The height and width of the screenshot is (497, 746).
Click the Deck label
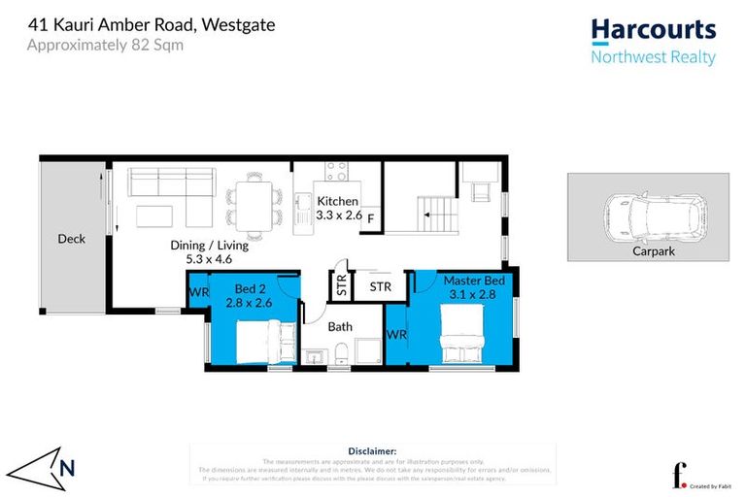[x=72, y=239]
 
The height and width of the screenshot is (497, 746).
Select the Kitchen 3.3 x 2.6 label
[x=339, y=208]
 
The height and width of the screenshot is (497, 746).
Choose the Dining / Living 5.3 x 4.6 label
[x=209, y=252]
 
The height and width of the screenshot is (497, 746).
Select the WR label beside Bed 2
[x=198, y=292]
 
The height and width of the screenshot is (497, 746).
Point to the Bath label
[x=340, y=327]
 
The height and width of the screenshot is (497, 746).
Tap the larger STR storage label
[x=380, y=287]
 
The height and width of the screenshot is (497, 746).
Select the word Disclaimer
[x=372, y=451]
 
